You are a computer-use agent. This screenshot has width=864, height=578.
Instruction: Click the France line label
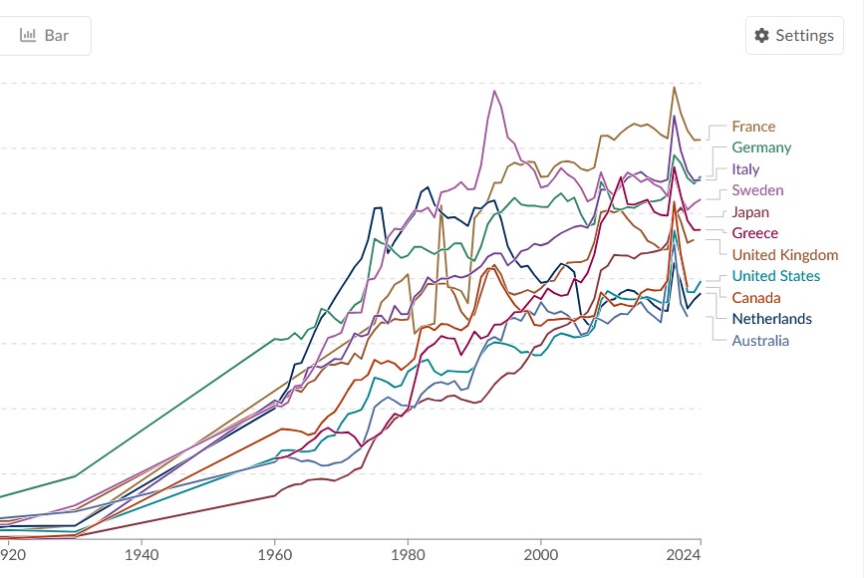coord(752,127)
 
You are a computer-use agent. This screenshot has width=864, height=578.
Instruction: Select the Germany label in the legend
coord(760,147)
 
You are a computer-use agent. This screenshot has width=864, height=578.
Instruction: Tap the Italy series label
coord(744,169)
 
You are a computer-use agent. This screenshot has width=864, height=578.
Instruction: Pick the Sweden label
coord(756,190)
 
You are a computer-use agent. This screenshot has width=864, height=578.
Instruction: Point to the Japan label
coord(749,212)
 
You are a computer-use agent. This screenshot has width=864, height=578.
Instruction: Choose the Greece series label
coord(754,233)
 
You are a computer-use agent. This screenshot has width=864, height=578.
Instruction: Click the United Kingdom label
coord(784,255)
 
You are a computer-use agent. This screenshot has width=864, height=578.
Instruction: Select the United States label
coord(775,276)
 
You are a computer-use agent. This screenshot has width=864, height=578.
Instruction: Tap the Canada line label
coord(755,298)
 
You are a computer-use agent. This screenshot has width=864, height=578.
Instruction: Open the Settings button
coord(794,36)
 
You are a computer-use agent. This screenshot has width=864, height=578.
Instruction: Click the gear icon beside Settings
coord(762,36)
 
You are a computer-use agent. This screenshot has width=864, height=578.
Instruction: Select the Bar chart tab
coord(46,36)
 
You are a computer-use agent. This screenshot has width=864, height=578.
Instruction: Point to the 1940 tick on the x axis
coord(143,553)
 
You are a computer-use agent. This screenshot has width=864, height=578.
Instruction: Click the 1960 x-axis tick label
coord(275,553)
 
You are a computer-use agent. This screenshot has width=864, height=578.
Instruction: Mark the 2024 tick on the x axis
coord(684,553)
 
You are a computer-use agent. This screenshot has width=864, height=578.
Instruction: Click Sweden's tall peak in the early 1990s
coord(494,91)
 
